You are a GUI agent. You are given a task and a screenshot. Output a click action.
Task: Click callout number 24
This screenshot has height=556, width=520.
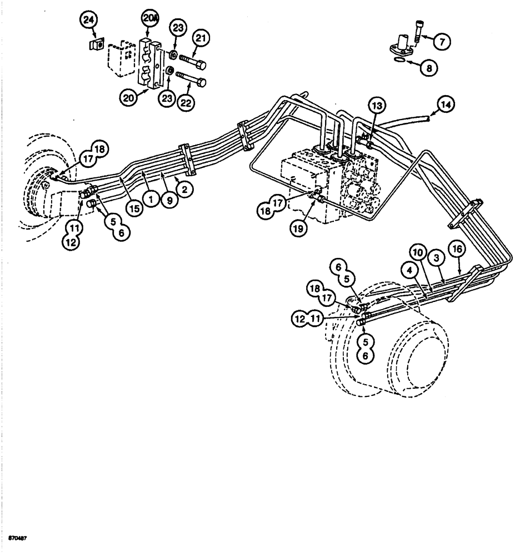[x=88, y=21]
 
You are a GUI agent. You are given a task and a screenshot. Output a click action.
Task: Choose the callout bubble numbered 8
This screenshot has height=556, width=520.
[x=428, y=68]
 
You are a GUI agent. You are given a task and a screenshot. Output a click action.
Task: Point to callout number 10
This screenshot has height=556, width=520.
[x=419, y=253]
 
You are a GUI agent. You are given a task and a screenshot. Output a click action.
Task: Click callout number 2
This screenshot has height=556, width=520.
[x=184, y=188]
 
